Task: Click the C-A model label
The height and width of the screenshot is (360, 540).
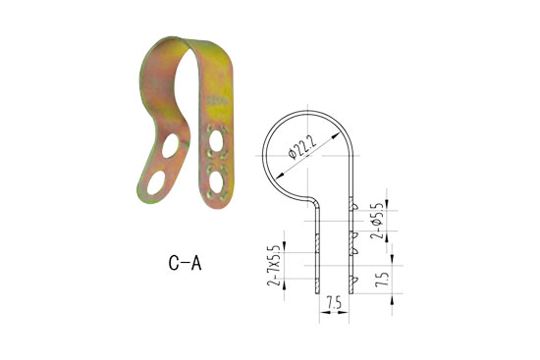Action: pyautogui.click(x=185, y=262)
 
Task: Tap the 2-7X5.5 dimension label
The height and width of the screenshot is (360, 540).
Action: pyautogui.click(x=273, y=264)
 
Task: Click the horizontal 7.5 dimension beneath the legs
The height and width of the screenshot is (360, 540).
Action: pyautogui.click(x=334, y=304)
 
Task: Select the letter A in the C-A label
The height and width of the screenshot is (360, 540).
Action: pyautogui.click(x=199, y=262)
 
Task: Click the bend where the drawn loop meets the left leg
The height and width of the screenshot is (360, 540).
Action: pyautogui.click(x=313, y=199)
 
